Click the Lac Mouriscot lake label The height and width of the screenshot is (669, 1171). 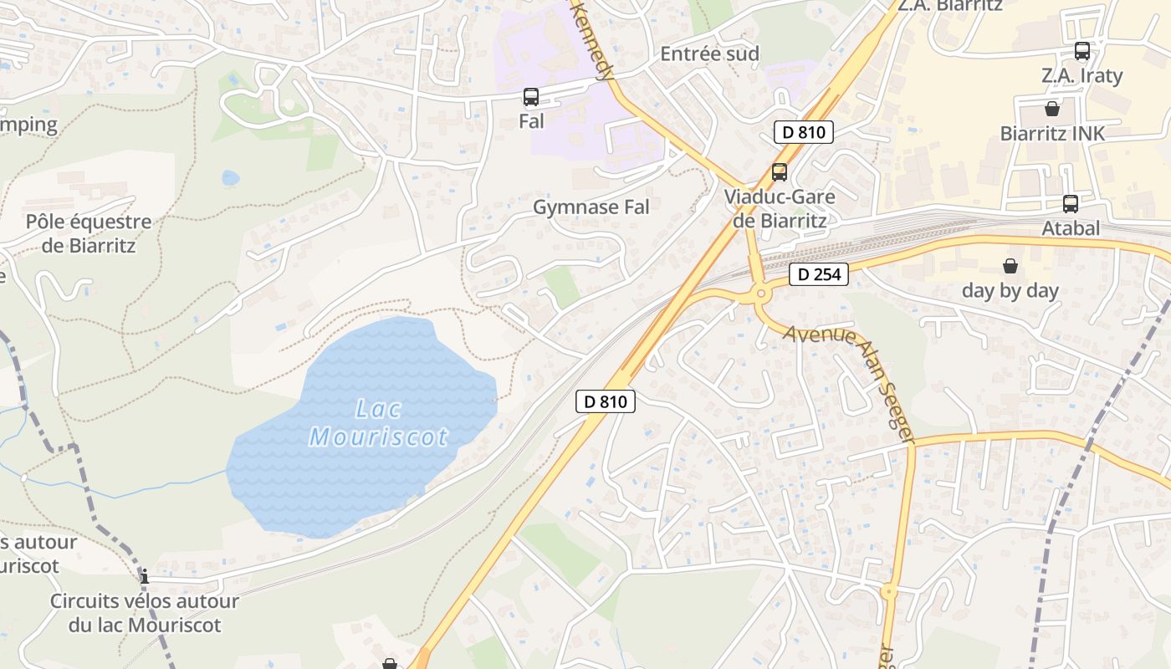(378, 423)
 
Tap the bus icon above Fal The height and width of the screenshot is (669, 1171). (531, 97)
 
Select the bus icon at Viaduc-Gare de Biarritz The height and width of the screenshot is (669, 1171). (780, 172)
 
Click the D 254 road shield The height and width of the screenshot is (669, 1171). (819, 274)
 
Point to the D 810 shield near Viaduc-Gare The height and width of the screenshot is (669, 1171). (803, 132)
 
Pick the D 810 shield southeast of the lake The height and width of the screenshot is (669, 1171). (606, 401)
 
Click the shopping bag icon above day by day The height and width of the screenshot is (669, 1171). (1010, 266)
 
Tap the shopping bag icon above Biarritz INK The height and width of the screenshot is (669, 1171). (1052, 109)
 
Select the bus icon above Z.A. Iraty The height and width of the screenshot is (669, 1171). (1082, 51)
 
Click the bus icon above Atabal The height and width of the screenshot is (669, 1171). (1071, 203)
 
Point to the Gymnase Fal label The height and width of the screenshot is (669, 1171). (591, 207)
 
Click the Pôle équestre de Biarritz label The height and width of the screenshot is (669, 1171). (89, 233)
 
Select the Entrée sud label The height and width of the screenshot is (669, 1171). (709, 54)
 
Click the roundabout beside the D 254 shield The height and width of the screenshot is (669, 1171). (761, 294)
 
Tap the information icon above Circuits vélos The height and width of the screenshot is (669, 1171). (145, 576)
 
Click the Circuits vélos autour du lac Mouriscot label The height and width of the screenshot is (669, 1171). (145, 613)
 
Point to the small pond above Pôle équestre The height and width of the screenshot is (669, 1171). (230, 177)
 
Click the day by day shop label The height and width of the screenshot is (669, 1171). (1010, 291)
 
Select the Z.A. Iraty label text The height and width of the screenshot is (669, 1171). (1082, 75)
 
